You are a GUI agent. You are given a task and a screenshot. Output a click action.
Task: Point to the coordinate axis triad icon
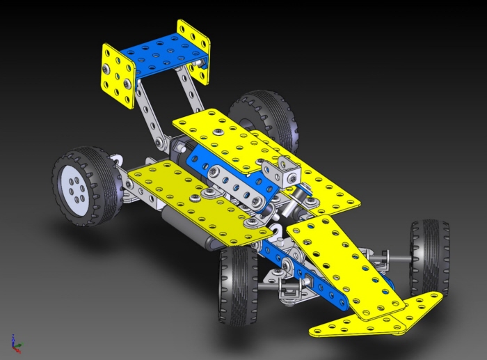(x=16, y=341)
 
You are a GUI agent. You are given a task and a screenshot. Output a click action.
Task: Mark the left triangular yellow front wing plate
(x=348, y=324)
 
